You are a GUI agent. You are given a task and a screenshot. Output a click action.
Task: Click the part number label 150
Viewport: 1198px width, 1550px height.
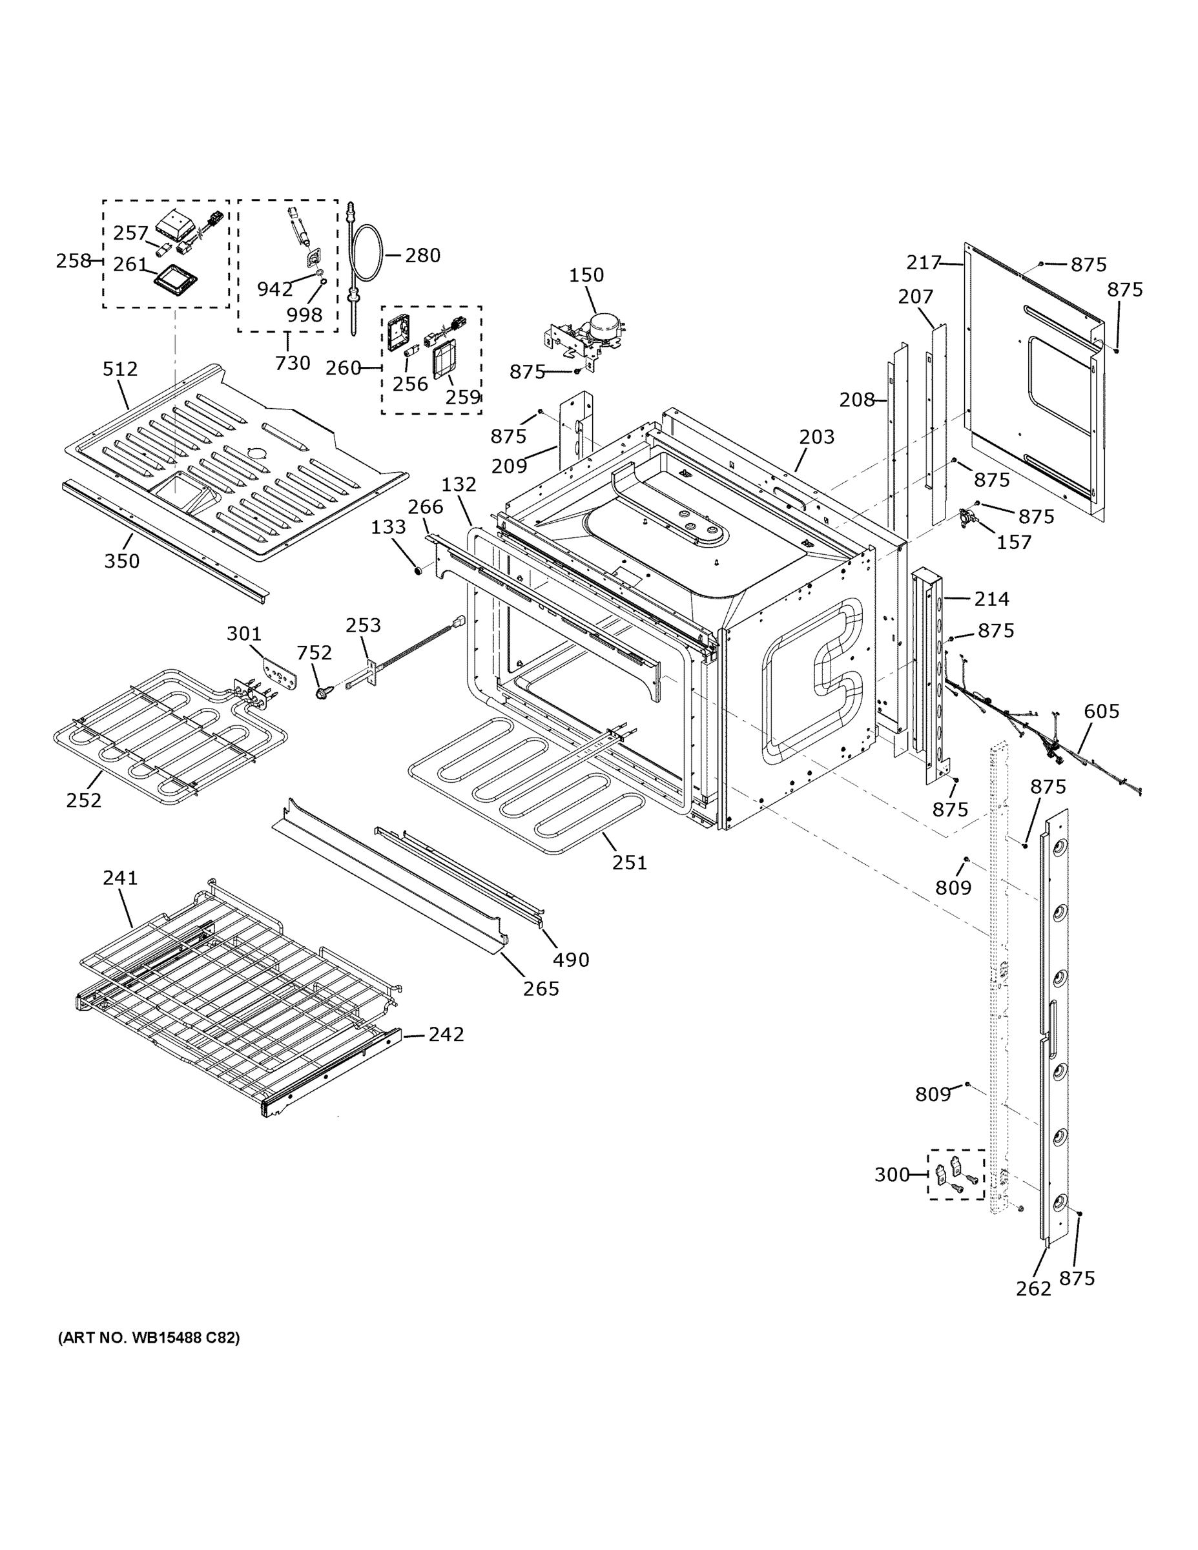(586, 274)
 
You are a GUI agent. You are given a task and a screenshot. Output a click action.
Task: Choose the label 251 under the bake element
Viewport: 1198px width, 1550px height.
(630, 862)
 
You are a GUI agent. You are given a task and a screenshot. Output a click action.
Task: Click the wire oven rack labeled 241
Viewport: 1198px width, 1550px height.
(234, 986)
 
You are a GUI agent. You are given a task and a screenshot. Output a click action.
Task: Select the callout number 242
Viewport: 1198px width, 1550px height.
(446, 1034)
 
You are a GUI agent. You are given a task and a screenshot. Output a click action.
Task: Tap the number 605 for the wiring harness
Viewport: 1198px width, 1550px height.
(1102, 711)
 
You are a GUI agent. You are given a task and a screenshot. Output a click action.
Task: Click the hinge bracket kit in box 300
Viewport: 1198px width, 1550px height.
(956, 1175)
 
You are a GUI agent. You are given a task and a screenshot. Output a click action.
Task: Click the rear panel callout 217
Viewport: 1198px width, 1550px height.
(924, 263)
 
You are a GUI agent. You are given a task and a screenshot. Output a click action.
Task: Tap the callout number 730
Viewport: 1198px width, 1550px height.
(293, 363)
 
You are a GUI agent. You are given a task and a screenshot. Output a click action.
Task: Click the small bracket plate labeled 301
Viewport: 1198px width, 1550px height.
(280, 670)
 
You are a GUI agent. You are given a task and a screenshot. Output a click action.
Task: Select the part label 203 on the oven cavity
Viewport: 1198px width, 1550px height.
(816, 437)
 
